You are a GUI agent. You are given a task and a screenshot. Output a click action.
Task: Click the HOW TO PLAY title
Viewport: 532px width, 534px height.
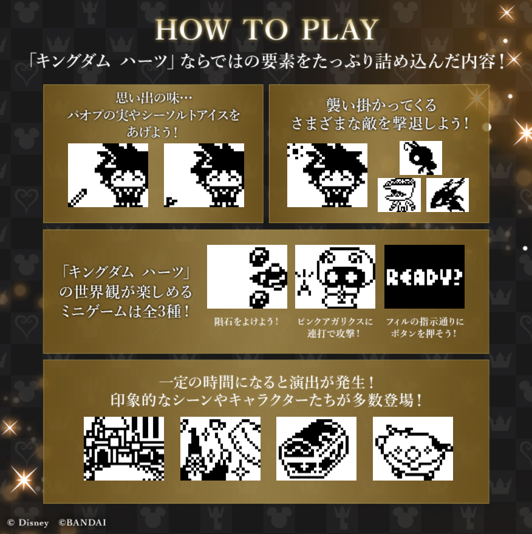click(267, 30)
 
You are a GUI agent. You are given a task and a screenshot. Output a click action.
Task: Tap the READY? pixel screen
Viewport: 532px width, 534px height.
click(425, 276)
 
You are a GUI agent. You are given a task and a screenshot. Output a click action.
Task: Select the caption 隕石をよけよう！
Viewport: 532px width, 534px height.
click(247, 321)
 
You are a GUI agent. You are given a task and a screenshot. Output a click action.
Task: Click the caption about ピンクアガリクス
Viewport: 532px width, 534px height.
click(335, 327)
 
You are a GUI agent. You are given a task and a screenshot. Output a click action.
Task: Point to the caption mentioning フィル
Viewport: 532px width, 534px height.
click(425, 327)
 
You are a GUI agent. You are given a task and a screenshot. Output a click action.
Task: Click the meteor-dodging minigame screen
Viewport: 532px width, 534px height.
click(247, 276)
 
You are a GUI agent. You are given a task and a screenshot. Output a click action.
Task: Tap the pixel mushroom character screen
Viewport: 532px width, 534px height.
click(335, 276)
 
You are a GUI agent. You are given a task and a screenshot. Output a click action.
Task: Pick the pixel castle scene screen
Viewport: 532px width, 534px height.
click(124, 448)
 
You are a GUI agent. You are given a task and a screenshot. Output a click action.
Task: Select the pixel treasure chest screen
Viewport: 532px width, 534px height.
click(316, 448)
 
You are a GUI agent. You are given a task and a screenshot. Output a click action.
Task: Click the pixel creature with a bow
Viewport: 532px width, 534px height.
click(413, 448)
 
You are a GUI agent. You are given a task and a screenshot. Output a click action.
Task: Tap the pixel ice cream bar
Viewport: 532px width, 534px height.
click(78, 198)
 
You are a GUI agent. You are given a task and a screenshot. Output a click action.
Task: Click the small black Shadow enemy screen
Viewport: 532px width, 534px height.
click(421, 158)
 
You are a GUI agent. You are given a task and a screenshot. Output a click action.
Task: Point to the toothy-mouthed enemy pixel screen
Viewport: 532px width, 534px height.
click(399, 195)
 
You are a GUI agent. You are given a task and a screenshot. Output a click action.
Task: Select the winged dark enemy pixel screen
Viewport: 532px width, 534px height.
click(448, 195)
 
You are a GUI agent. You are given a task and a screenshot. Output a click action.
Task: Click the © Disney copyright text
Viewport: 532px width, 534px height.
click(28, 523)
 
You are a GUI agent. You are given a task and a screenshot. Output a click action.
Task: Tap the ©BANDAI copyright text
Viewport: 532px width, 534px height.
click(82, 523)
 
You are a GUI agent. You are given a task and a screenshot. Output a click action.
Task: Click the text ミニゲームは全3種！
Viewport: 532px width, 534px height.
click(125, 312)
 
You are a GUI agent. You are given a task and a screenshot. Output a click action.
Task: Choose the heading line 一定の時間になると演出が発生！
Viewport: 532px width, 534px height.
click(267, 383)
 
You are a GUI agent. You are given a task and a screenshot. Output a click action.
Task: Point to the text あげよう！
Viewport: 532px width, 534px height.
click(153, 132)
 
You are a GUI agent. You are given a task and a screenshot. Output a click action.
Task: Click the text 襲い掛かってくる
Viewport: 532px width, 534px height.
click(381, 105)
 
